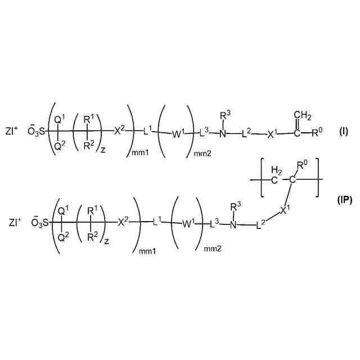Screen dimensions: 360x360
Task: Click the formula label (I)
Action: click(x=343, y=132)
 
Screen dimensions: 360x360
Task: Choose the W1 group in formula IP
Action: click(x=188, y=223)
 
